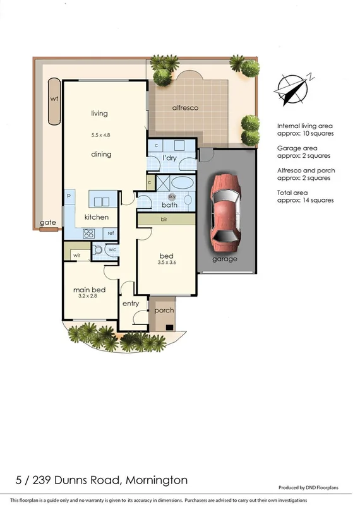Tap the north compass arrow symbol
pyautogui.click(x=291, y=88)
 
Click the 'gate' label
pyautogui.click(x=47, y=223)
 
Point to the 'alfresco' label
pyautogui.click(x=186, y=108)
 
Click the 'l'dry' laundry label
pyautogui.click(x=169, y=157)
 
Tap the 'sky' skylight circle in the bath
pyautogui.click(x=172, y=196)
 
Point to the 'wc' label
pyautogui.click(x=112, y=249)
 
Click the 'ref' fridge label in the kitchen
pyautogui.click(x=110, y=233)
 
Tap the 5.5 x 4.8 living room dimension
pyautogui.click(x=100, y=134)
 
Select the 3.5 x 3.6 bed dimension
pyautogui.click(x=166, y=263)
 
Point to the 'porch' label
pyautogui.click(x=164, y=311)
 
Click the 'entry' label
pyautogui.click(x=131, y=304)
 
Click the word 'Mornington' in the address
pyautogui.click(x=157, y=480)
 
